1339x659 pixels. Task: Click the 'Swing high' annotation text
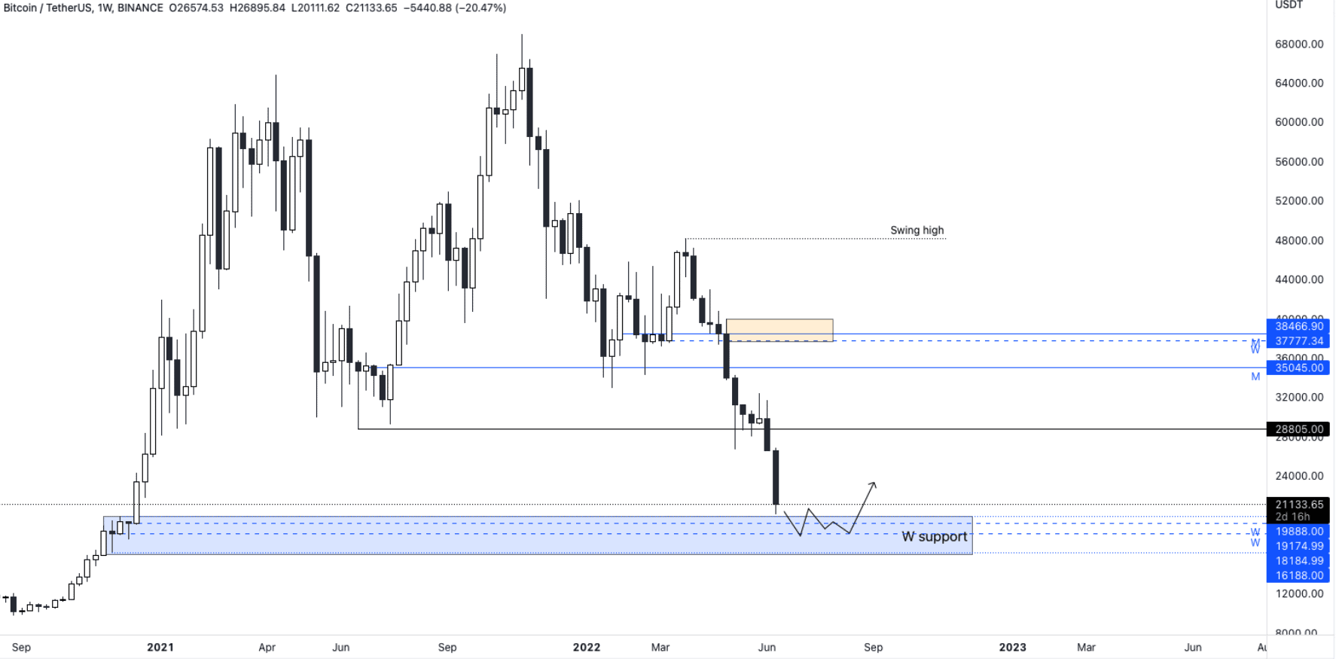pyautogui.click(x=917, y=230)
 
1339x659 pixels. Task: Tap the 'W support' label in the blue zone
pyautogui.click(x=934, y=536)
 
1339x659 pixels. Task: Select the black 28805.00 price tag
pyautogui.click(x=1298, y=429)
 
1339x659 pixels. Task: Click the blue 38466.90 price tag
pyautogui.click(x=1298, y=326)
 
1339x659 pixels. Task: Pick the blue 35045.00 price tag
pyautogui.click(x=1298, y=368)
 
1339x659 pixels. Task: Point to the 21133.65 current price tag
pyautogui.click(x=1298, y=505)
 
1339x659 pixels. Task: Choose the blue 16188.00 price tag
pyautogui.click(x=1298, y=575)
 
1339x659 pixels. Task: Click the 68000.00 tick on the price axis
pyautogui.click(x=1298, y=44)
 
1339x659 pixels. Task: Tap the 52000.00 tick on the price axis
pyautogui.click(x=1298, y=201)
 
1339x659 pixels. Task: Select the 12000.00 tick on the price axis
pyautogui.click(x=1298, y=593)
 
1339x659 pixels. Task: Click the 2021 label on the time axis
pyautogui.click(x=160, y=647)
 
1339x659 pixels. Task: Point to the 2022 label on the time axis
pyautogui.click(x=587, y=647)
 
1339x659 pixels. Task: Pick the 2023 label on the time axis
pyautogui.click(x=1012, y=647)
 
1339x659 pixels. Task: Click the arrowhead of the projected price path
pyautogui.click(x=874, y=484)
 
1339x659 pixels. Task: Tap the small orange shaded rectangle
pyautogui.click(x=779, y=330)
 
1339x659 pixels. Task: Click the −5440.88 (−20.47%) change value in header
pyautogui.click(x=455, y=8)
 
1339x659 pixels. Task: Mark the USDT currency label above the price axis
pyautogui.click(x=1289, y=5)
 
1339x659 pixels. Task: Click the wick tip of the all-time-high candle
pyautogui.click(x=522, y=35)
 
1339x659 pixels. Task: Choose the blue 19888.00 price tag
pyautogui.click(x=1298, y=532)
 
